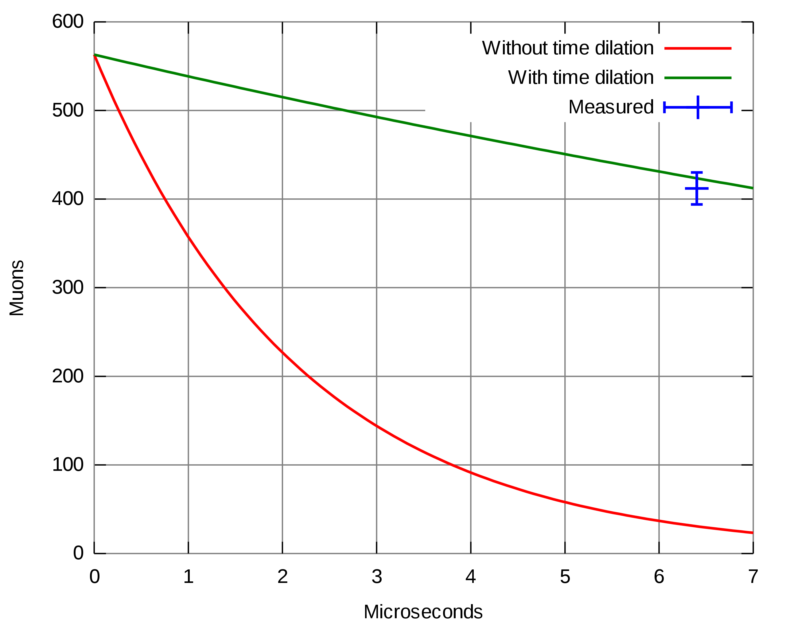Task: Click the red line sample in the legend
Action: [698, 49]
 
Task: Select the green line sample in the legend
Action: [698, 78]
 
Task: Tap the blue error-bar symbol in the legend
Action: [698, 107]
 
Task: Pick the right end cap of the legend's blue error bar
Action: [731, 107]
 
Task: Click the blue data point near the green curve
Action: [697, 189]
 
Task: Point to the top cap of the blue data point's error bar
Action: [697, 172]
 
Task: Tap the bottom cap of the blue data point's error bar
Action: [697, 205]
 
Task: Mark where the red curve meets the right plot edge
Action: [753, 533]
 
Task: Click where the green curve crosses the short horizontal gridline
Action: [346, 110]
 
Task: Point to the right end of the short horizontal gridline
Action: [425, 110]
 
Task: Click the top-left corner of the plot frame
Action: [94, 22]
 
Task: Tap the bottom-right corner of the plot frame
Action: [753, 553]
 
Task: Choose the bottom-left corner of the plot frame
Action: [94, 553]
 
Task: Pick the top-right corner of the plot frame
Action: [753, 22]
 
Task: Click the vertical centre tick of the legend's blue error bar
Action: [698, 107]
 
